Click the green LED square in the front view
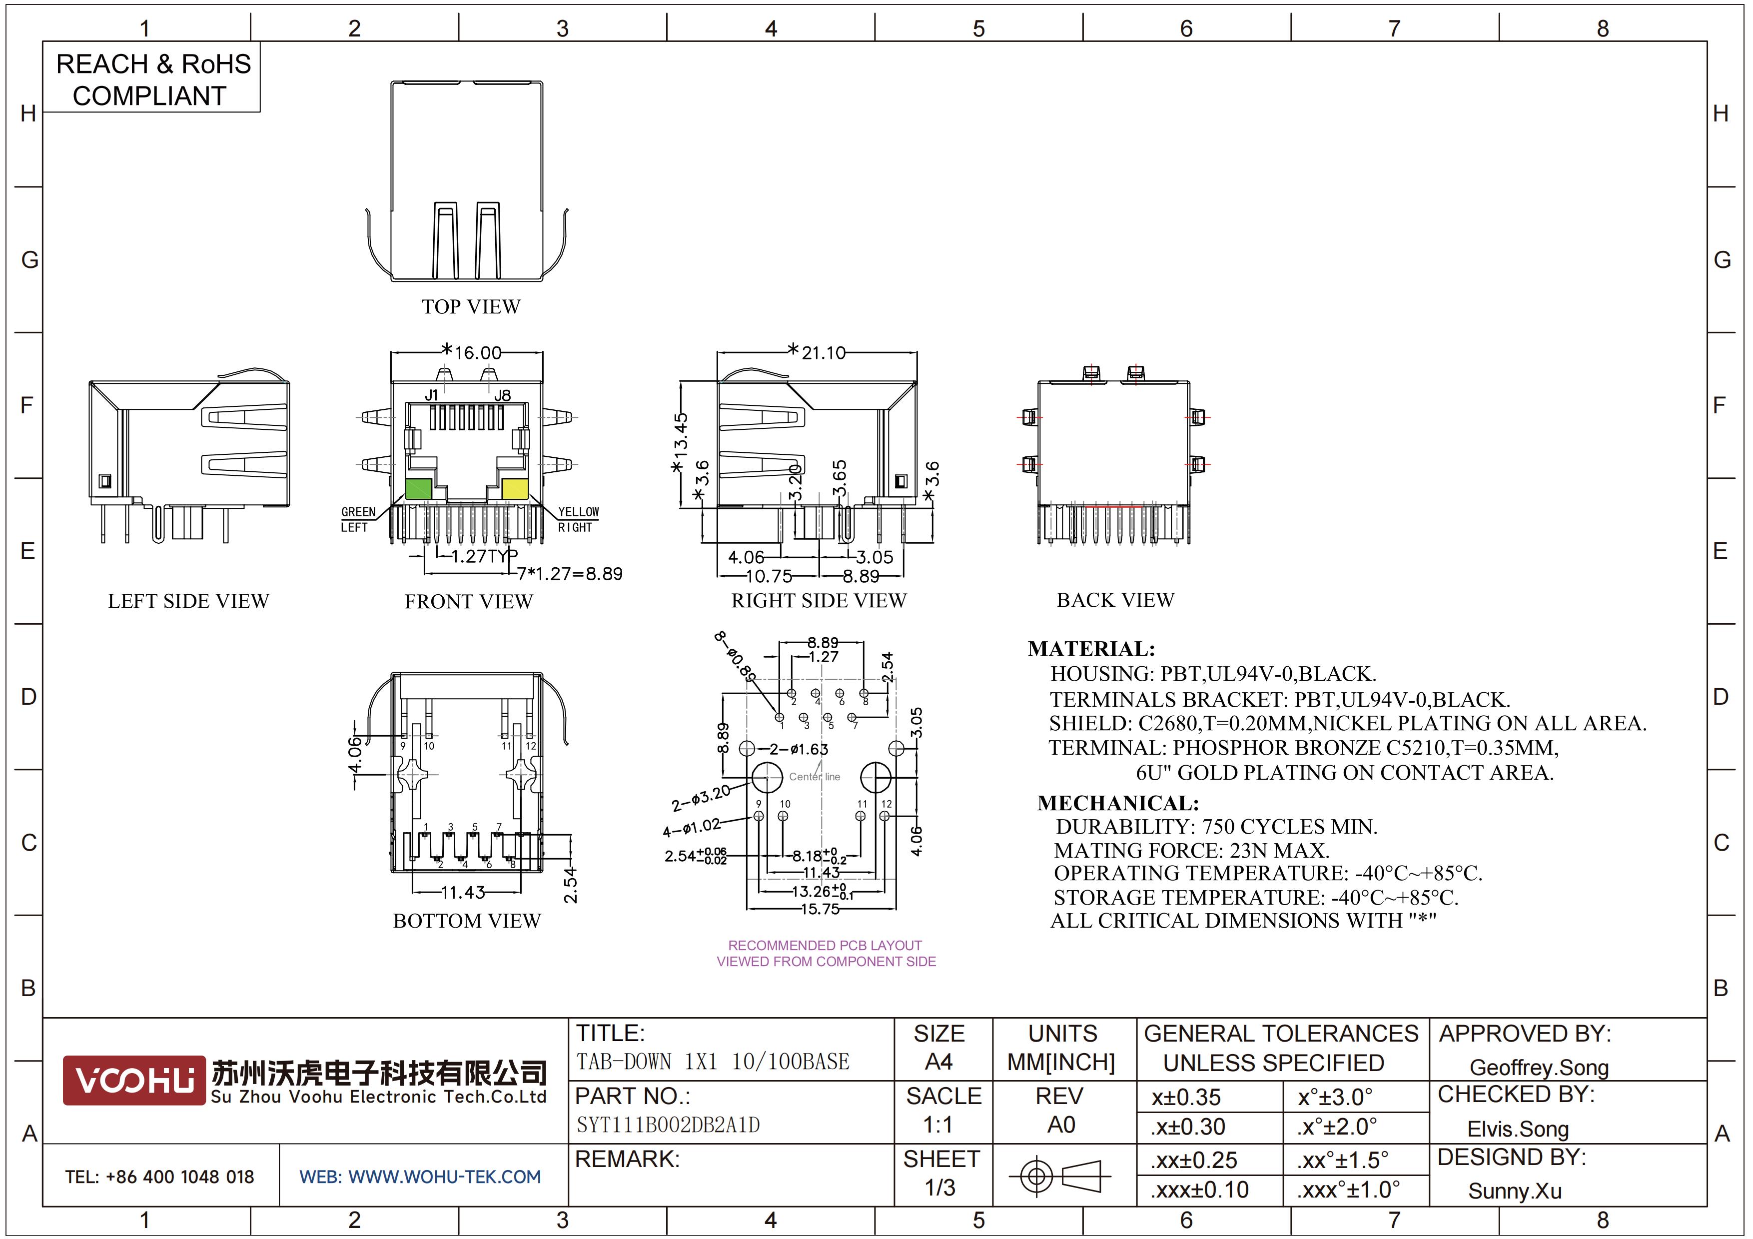[x=418, y=489]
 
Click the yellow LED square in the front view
[x=515, y=489]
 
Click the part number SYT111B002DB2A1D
[x=668, y=1125]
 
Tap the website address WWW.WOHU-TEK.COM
[x=444, y=1177]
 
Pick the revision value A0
[x=1061, y=1125]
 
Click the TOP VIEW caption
[x=471, y=307]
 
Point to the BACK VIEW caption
[x=1115, y=600]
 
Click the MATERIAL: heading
[x=1091, y=649]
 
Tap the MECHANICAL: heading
[x=1118, y=803]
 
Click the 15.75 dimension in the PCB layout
[x=820, y=909]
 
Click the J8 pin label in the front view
[x=502, y=395]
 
